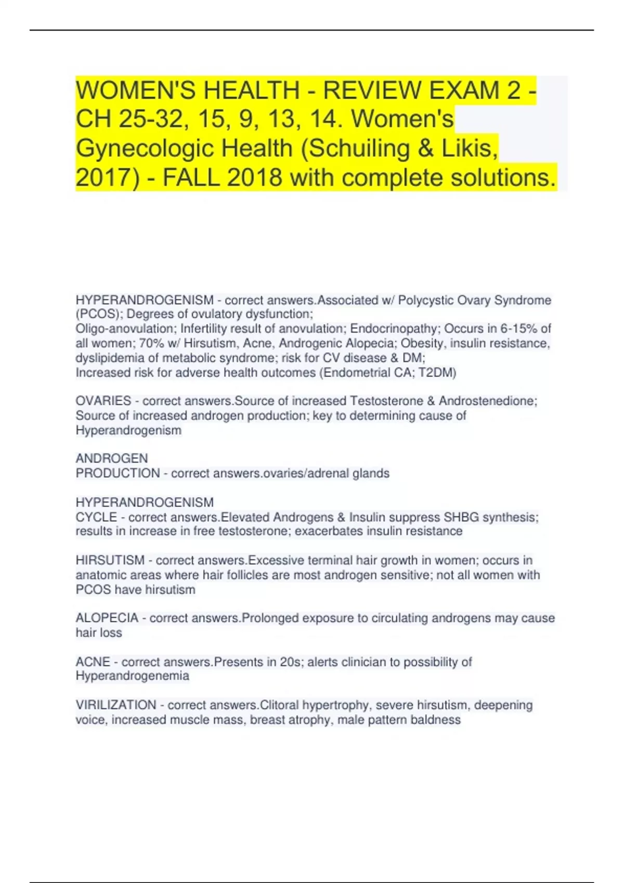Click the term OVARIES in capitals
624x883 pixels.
[x=103, y=401]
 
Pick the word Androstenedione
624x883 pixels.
[x=487, y=401]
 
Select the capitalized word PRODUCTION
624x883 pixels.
[x=118, y=473]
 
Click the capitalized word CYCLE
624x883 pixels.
[x=97, y=517]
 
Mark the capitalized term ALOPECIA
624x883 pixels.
[x=107, y=618]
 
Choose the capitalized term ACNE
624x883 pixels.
[x=93, y=662]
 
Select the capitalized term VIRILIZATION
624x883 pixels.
[x=116, y=705]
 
